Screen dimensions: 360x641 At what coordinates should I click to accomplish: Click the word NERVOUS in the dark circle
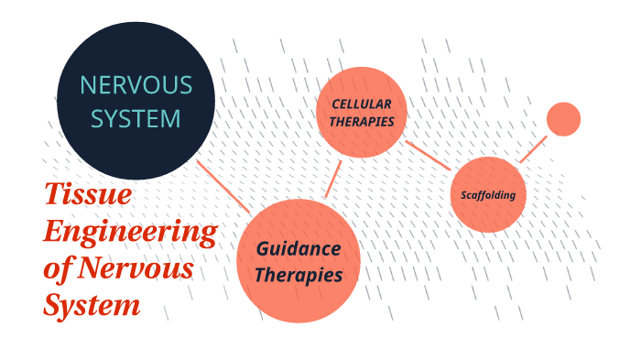click(136, 85)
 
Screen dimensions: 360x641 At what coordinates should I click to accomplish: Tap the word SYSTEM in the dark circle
click(136, 119)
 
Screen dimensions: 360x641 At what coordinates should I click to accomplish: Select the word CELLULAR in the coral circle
click(362, 104)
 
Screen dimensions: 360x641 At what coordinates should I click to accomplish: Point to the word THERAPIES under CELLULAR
click(362, 121)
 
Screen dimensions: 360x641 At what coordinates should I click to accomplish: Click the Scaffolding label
click(488, 195)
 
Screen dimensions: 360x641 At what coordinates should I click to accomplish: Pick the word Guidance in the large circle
click(298, 249)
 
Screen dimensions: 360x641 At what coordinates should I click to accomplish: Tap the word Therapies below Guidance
click(299, 275)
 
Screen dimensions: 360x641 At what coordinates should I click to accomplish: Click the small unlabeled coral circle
click(563, 119)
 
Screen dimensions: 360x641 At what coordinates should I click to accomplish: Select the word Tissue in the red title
click(88, 195)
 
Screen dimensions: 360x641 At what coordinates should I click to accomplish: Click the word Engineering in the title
click(130, 232)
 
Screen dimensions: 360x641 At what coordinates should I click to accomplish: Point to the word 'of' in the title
click(59, 268)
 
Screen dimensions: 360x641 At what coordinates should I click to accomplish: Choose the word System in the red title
click(92, 305)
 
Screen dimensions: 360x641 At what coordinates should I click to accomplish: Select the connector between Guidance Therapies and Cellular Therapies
click(332, 180)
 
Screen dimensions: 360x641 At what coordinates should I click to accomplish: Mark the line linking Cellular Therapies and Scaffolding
click(428, 155)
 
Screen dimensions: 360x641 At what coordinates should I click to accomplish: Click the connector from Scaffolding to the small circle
click(533, 149)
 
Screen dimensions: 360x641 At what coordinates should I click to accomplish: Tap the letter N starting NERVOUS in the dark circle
click(88, 85)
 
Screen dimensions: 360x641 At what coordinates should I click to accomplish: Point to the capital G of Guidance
click(262, 249)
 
